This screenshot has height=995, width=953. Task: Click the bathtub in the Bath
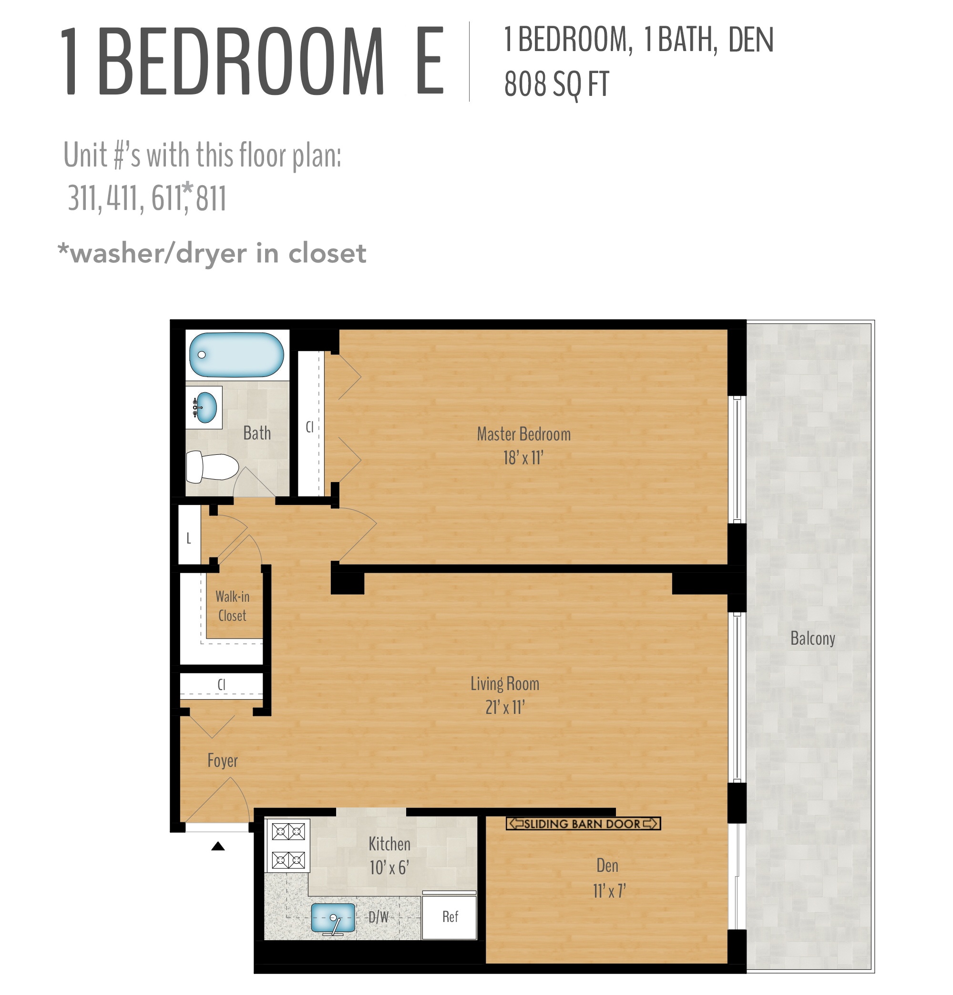tap(236, 355)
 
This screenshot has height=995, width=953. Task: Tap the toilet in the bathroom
tap(212, 467)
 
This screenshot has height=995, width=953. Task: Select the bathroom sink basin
tap(206, 407)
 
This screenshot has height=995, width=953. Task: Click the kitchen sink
tap(332, 918)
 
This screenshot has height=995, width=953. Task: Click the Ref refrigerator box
tap(450, 917)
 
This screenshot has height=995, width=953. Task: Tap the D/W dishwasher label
tap(379, 917)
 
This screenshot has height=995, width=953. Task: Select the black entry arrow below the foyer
tap(217, 846)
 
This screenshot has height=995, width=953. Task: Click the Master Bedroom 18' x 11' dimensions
tap(523, 458)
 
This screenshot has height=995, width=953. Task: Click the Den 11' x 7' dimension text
tap(609, 891)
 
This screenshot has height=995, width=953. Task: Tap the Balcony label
tap(812, 638)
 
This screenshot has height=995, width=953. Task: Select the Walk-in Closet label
tap(232, 606)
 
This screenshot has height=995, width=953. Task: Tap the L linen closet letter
tap(189, 538)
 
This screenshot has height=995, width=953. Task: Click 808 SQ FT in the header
tap(556, 84)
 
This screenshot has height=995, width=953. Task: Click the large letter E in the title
tap(429, 62)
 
